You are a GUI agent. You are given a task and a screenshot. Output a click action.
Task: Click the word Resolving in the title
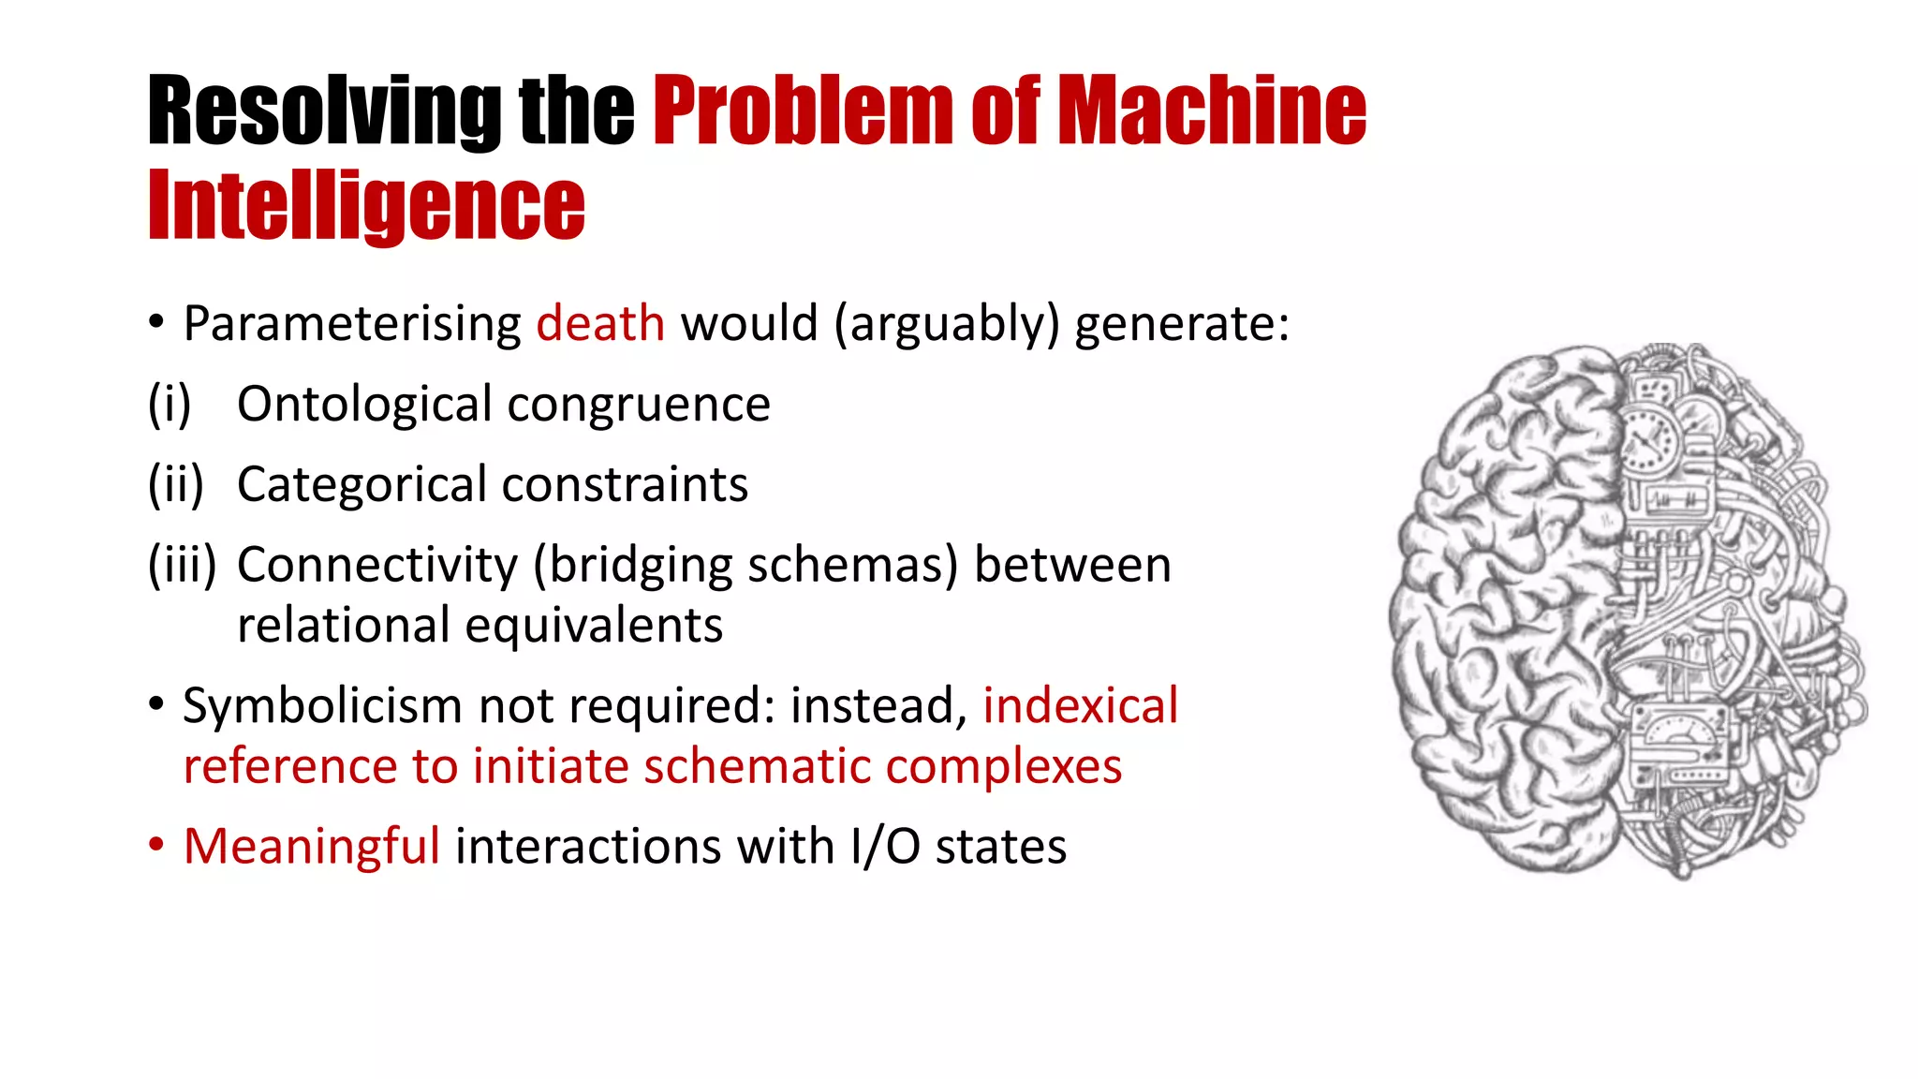coord(324,111)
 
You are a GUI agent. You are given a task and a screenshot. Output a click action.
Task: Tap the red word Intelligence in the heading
coord(366,206)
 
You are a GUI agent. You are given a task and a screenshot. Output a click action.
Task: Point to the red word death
coord(600,324)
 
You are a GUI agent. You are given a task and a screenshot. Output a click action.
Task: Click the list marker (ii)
coord(176,485)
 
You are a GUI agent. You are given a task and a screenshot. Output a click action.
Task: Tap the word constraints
coord(625,485)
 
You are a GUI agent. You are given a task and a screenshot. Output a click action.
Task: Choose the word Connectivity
coord(376,566)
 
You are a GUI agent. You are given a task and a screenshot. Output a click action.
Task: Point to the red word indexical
coord(1080,705)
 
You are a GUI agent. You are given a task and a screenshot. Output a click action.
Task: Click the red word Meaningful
coord(311,848)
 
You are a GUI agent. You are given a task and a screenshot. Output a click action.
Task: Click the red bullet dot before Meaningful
coord(156,844)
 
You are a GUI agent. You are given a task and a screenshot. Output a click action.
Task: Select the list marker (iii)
coord(182,566)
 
